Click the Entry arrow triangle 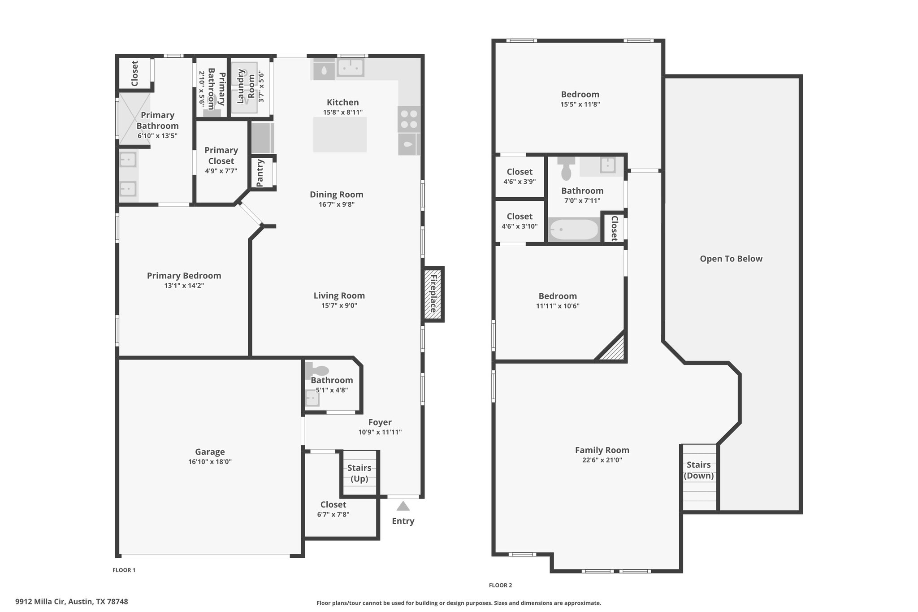(x=403, y=506)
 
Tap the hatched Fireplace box (x=433, y=294)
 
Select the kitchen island (x=340, y=135)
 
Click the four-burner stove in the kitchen (x=409, y=119)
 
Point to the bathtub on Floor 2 (x=574, y=230)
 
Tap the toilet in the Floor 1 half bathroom (x=317, y=370)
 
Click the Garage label (x=210, y=452)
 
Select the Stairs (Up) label (x=359, y=473)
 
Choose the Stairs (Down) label (x=698, y=470)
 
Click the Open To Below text (x=731, y=259)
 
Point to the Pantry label (x=260, y=173)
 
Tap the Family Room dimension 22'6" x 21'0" (x=602, y=460)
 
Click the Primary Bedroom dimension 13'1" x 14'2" (x=184, y=286)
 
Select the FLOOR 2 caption (x=500, y=585)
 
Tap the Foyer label (x=380, y=422)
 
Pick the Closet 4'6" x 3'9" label (x=520, y=176)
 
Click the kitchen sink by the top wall (x=351, y=68)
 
